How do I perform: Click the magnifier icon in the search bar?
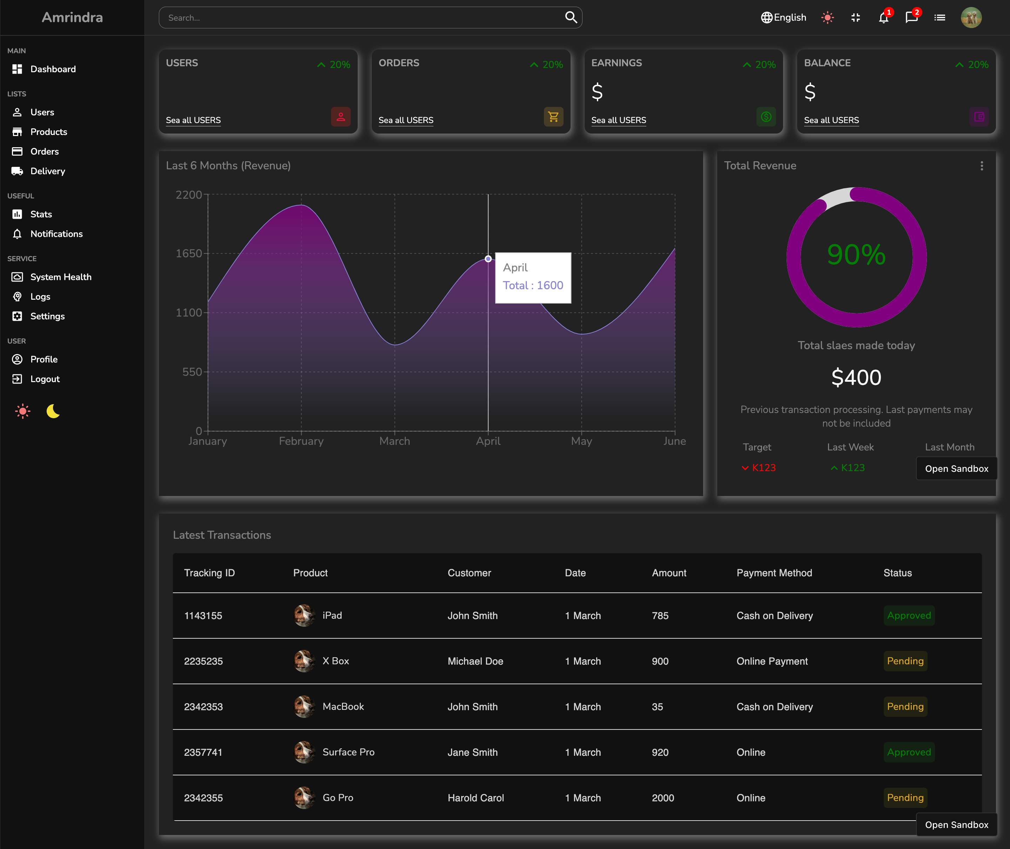(571, 17)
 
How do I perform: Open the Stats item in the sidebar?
(41, 214)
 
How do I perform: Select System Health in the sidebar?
(61, 277)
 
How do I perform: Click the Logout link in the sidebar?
(45, 379)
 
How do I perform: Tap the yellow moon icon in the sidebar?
(53, 411)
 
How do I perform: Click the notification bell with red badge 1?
(883, 18)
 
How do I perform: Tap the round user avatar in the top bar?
(971, 18)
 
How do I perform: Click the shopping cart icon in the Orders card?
(553, 116)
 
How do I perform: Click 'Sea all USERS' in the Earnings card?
(619, 120)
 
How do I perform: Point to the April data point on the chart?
(488, 259)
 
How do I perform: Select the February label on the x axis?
(301, 441)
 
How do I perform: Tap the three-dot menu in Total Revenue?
(982, 165)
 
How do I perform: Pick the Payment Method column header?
(774, 573)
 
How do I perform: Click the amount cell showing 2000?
(663, 797)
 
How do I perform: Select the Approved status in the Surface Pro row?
(909, 752)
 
